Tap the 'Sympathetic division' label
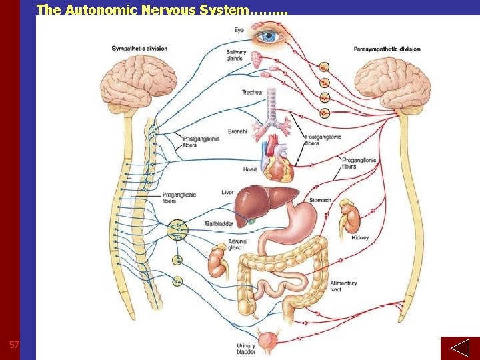click(x=139, y=48)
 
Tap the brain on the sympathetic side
click(x=128, y=82)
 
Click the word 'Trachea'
click(x=252, y=92)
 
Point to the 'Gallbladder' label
click(x=219, y=223)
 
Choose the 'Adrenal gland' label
click(x=237, y=245)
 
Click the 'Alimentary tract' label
click(x=343, y=286)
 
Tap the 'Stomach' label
click(x=320, y=200)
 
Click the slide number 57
click(x=13, y=345)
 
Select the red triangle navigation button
click(x=459, y=348)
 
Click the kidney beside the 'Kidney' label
click(x=349, y=217)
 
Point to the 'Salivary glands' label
click(x=234, y=55)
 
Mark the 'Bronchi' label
click(x=237, y=131)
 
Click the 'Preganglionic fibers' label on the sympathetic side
click(x=179, y=198)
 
